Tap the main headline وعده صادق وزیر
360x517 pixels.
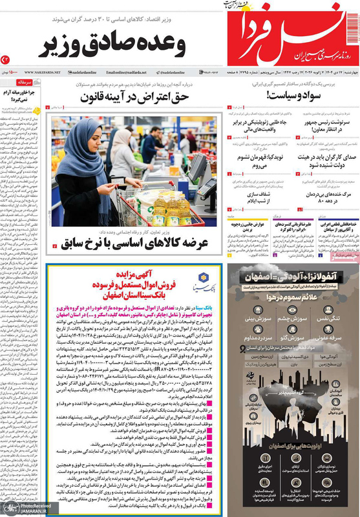(115, 46)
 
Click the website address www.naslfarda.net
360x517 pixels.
(43, 72)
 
